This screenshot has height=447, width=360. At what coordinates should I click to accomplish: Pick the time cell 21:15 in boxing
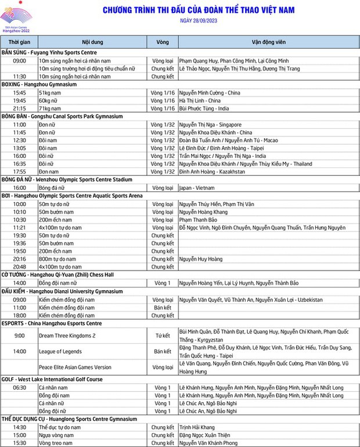[19, 108]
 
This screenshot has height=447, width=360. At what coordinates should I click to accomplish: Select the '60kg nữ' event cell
[49, 100]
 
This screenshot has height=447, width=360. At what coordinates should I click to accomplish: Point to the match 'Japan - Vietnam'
[197, 188]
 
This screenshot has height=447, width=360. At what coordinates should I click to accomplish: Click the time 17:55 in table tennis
[19, 172]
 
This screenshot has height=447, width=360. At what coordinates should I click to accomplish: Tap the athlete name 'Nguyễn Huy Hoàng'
[201, 259]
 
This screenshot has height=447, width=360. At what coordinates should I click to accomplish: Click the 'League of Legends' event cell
[60, 351]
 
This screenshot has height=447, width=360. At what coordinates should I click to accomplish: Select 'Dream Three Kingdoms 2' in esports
[67, 336]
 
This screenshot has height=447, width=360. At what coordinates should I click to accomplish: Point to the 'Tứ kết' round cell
[163, 336]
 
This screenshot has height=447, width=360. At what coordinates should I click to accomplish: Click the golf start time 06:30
[19, 387]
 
